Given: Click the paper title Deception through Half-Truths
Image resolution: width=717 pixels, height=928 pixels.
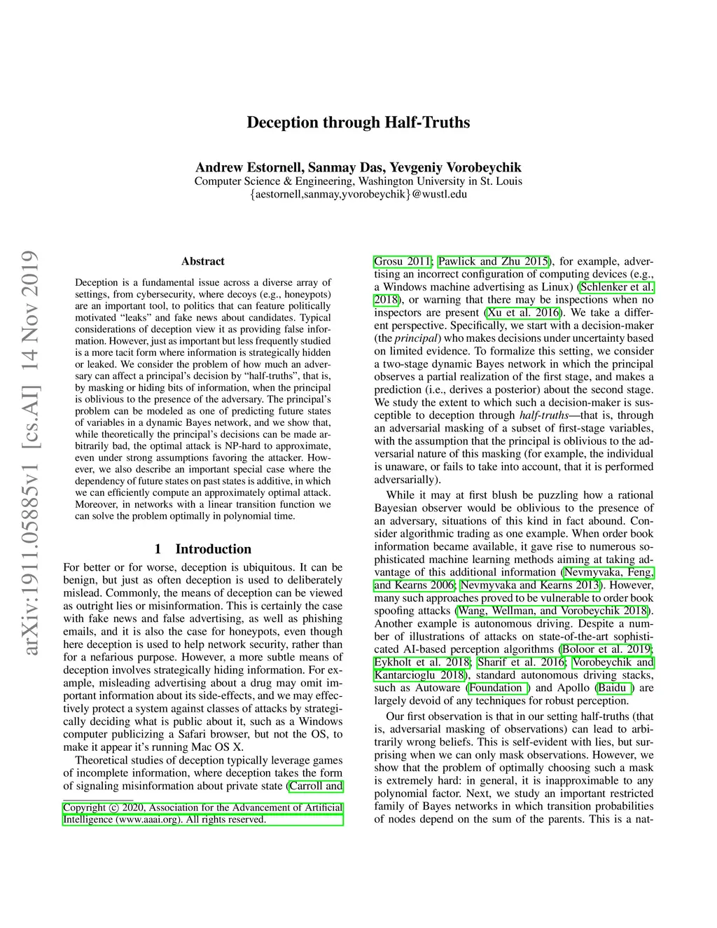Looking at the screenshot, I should [358, 123].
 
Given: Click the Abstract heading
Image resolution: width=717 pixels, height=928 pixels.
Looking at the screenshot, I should [202, 261].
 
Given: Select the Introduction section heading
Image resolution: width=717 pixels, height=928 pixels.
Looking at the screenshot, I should [202, 549].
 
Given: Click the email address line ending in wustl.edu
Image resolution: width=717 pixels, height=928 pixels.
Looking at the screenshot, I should [358, 194].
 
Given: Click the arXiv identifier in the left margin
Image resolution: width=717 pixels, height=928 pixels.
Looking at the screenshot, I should [29, 452].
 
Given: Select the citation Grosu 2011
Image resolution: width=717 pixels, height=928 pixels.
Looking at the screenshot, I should [402, 261].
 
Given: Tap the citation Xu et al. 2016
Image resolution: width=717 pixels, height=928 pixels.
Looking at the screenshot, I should [524, 312].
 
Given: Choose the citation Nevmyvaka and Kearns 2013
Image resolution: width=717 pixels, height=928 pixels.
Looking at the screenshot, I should [530, 585].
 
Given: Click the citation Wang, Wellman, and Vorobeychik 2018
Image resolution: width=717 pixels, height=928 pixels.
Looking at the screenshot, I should [552, 611].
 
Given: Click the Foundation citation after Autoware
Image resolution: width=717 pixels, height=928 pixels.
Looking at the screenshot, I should [499, 688].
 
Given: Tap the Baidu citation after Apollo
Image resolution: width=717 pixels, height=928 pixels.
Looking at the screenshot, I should [614, 688].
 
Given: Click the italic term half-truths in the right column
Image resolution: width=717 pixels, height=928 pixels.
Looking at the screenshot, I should [543, 415].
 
